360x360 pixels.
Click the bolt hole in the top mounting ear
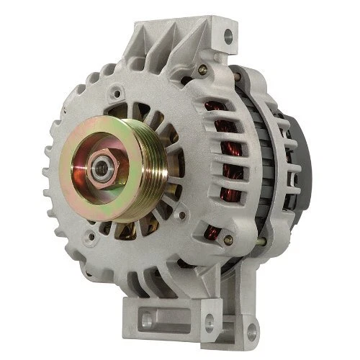tap(229, 33)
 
